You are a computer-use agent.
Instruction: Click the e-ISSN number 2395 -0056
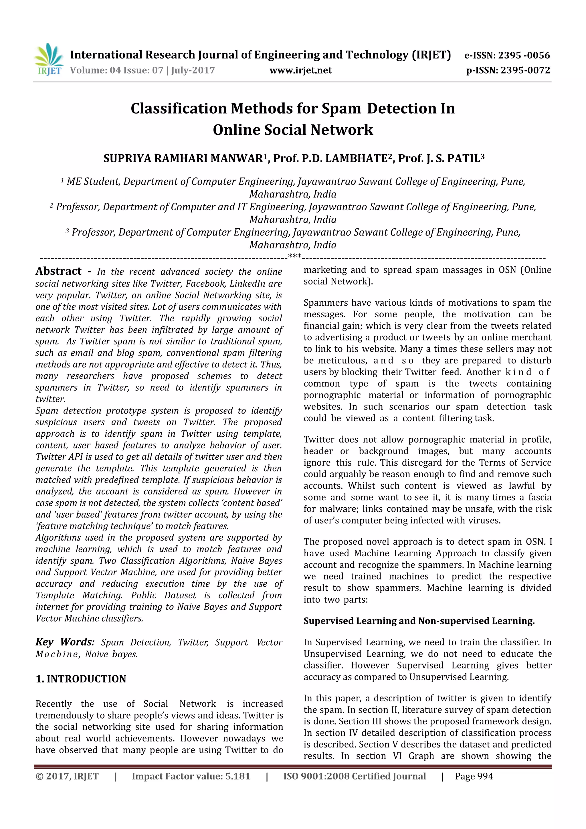click(x=524, y=55)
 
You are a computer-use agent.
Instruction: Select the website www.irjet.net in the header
click(x=300, y=70)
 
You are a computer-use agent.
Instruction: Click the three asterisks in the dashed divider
click(x=295, y=257)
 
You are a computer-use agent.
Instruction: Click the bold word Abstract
click(x=58, y=271)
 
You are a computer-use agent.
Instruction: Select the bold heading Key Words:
click(x=65, y=642)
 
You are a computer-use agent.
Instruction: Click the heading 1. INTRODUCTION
click(x=81, y=679)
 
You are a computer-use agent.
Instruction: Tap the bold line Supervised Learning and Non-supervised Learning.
click(x=419, y=621)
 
